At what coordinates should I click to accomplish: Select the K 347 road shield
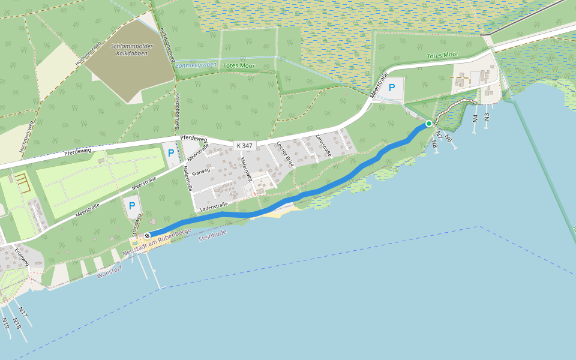pos(244,145)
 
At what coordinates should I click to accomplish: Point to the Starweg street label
pos(201,172)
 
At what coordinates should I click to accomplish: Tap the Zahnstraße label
pos(323,146)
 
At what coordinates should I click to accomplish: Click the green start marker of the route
pos(428,124)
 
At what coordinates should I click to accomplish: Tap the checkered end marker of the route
pos(146,236)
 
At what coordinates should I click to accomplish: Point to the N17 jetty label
pos(22,312)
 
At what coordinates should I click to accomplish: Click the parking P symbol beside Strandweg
pos(131,206)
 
